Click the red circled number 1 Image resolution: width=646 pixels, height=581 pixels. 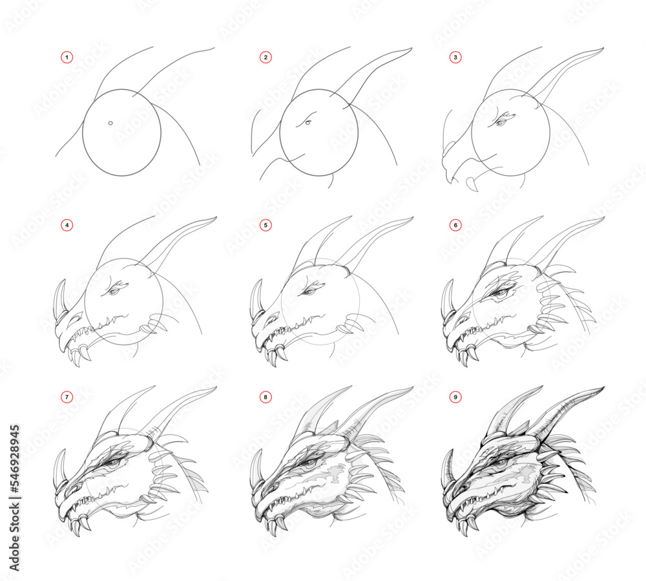coord(67,58)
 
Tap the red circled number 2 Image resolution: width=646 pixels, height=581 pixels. coord(266,58)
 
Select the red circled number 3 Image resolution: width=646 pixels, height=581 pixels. coord(456,58)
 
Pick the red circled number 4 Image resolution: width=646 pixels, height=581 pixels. coord(67,226)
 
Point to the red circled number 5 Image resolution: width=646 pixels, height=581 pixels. coord(266,226)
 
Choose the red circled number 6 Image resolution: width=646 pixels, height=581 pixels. coord(456,226)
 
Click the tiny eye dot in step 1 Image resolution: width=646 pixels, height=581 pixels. coord(110,123)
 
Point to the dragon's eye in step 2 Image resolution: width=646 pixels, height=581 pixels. coord(308,123)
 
